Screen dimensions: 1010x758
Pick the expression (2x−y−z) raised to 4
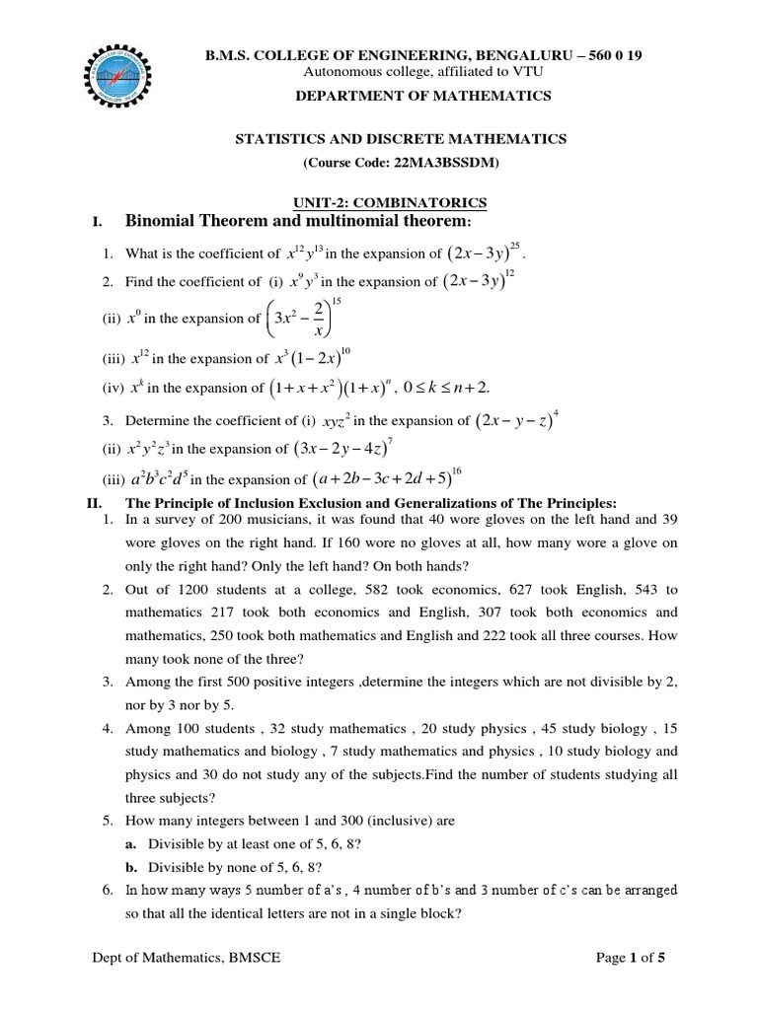pyautogui.click(x=517, y=420)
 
